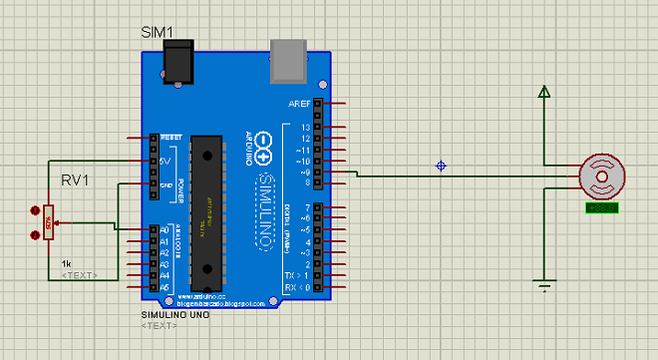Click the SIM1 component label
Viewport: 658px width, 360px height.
[158, 33]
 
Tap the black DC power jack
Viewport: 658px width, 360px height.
[177, 65]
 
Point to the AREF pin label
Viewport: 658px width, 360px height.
[299, 104]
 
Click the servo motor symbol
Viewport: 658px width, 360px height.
[600, 177]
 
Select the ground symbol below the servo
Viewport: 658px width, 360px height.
[543, 286]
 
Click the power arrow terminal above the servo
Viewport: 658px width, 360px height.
[543, 93]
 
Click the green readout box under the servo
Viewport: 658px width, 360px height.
[602, 207]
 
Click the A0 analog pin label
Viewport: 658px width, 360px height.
[164, 230]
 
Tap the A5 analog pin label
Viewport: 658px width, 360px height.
[164, 285]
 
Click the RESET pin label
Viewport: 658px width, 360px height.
[171, 137]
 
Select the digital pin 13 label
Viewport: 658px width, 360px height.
[305, 127]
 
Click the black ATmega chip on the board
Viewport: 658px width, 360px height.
[206, 210]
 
